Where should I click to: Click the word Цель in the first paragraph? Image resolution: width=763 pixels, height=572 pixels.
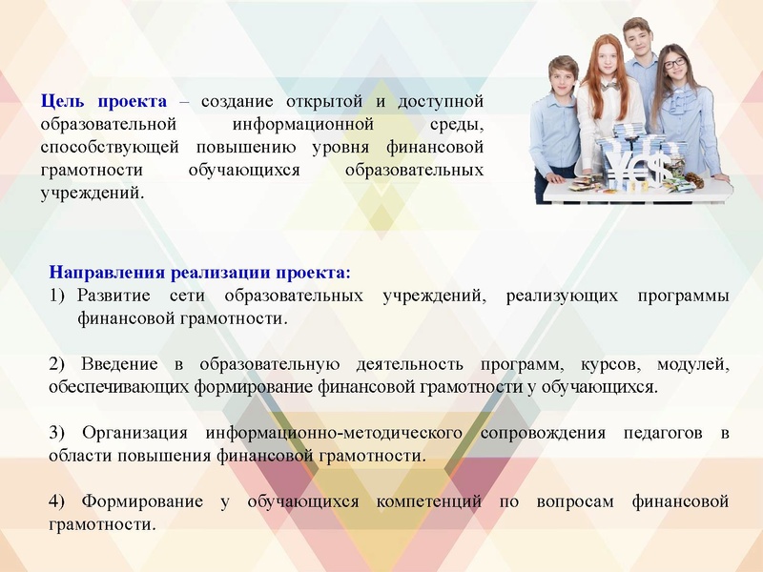[x=62, y=101]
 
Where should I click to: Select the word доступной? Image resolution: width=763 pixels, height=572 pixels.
[x=443, y=101]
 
